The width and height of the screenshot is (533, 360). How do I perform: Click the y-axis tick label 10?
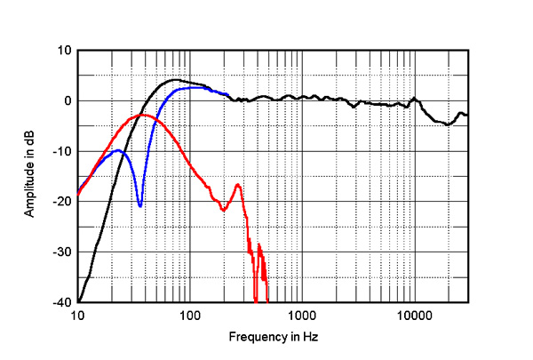tap(64, 51)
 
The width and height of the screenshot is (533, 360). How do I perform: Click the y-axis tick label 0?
tap(67, 101)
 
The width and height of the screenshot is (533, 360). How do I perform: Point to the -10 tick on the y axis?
tap(61, 152)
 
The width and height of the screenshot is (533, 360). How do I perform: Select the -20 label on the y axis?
tap(61, 202)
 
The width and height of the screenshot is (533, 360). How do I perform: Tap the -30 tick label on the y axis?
tap(61, 252)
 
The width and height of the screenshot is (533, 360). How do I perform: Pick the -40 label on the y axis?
tap(61, 303)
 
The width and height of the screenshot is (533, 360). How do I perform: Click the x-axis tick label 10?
tap(77, 316)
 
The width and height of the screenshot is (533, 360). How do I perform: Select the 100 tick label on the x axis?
tap(189, 316)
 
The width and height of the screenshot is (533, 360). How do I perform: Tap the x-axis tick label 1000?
tap(302, 316)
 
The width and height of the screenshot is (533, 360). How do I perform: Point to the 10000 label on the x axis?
tap(414, 316)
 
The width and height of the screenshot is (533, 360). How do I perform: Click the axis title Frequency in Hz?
tap(273, 338)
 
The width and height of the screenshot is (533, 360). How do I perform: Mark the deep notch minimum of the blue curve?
tap(140, 206)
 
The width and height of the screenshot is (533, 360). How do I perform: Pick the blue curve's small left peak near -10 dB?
tap(117, 150)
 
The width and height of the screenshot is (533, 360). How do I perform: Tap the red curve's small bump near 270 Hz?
tap(238, 184)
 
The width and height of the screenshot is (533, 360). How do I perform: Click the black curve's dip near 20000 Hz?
tap(448, 124)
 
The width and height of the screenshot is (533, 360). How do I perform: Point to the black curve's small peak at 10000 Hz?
tap(414, 99)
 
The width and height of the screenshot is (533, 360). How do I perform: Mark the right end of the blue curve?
tap(228, 94)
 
